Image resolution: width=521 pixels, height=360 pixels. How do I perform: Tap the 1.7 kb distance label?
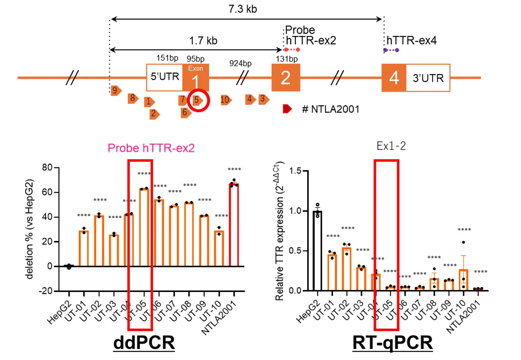pos(201,41)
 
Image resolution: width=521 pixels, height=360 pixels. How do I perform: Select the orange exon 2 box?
pos(286,78)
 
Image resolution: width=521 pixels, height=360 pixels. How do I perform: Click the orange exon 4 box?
pos(394,78)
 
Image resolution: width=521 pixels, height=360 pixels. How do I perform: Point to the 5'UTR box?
pos(165,78)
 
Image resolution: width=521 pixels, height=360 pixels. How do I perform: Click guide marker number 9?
pos(116,91)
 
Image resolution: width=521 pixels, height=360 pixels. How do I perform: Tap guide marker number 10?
pos(226,100)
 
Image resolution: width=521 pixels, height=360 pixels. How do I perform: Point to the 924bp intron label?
pos(240,63)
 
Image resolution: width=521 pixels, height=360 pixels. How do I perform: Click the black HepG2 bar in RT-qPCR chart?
pos(317,251)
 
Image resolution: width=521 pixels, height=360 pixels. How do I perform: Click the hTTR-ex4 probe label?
pos(411,41)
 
